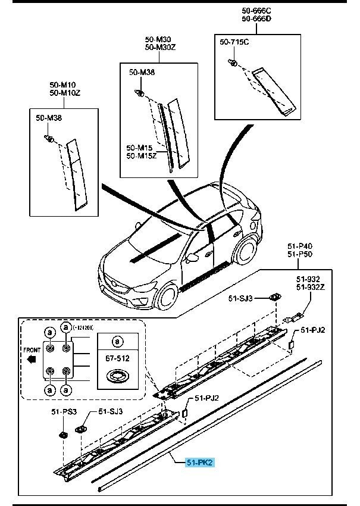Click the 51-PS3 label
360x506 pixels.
coord(63,411)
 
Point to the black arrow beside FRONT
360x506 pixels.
coord(33,360)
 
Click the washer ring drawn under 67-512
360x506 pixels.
coord(117,377)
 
